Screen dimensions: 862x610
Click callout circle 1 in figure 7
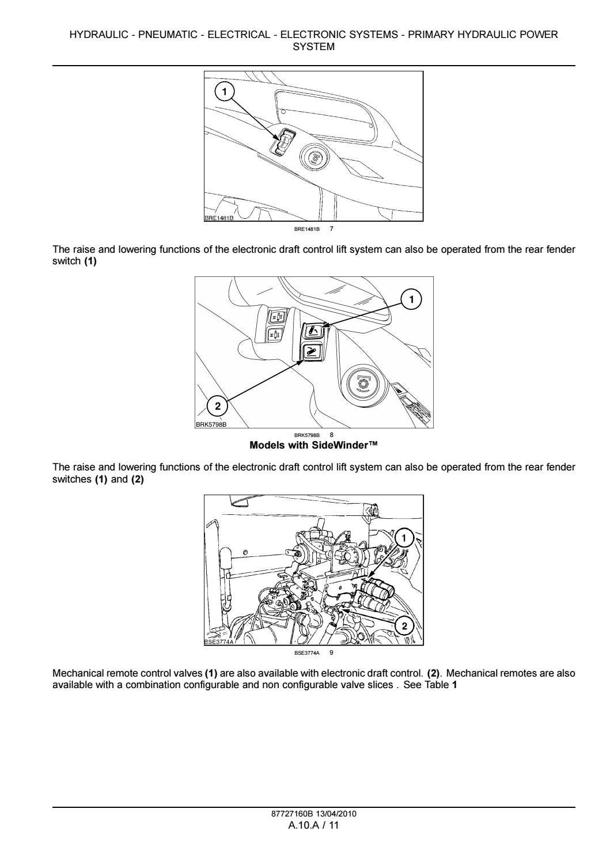pyautogui.click(x=225, y=90)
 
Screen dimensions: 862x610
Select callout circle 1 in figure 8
pyautogui.click(x=411, y=299)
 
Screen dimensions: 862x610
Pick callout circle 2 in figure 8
pyautogui.click(x=217, y=407)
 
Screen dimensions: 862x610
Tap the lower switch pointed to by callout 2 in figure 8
pyautogui.click(x=312, y=351)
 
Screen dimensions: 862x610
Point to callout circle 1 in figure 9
pyautogui.click(x=404, y=538)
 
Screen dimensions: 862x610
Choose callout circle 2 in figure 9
pyautogui.click(x=404, y=626)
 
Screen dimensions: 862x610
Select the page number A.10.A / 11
pyautogui.click(x=313, y=825)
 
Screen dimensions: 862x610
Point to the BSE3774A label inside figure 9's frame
pyautogui.click(x=219, y=641)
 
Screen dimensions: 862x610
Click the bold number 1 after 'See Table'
pyautogui.click(x=455, y=684)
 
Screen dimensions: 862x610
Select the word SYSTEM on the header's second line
pyautogui.click(x=313, y=47)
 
